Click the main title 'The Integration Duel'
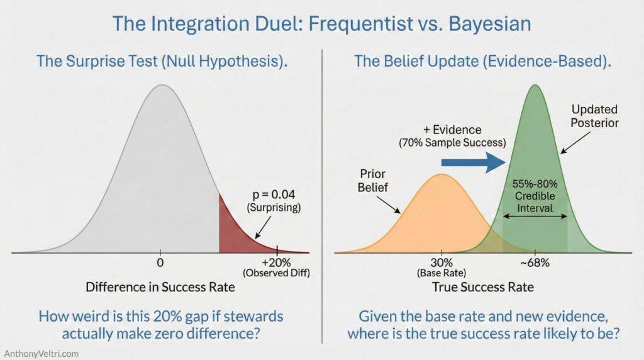321,23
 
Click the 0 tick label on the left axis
160,262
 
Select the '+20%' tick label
277,262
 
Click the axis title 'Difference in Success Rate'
160,288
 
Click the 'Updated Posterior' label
594,115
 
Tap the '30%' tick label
441,262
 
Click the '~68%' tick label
535,262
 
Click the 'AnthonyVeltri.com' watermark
40,353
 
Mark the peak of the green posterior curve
535,85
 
